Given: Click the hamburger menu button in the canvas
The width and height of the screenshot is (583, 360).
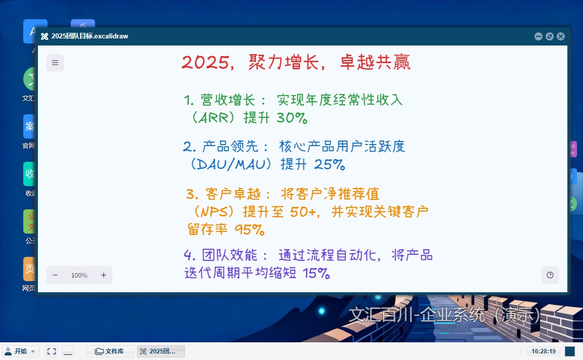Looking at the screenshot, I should click(55, 63).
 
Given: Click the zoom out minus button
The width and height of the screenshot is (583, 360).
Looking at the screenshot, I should click(55, 275).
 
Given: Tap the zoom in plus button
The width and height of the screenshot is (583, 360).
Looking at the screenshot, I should click(104, 275).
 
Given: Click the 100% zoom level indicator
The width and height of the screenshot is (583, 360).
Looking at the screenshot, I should click(79, 276).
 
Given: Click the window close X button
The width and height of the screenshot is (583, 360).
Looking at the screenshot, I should click(561, 36).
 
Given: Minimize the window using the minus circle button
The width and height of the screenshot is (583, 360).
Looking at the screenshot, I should click(539, 36).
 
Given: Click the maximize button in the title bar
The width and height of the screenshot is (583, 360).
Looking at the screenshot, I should click(550, 36).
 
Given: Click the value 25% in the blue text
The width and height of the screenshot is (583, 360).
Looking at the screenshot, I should click(330, 164).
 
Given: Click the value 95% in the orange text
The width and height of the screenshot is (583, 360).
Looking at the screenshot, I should click(250, 230).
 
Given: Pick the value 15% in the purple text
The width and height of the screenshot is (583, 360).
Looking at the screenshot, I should click(317, 274).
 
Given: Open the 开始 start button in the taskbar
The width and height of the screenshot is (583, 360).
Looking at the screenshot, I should click(21, 351).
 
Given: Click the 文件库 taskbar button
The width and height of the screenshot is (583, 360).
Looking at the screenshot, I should click(110, 351).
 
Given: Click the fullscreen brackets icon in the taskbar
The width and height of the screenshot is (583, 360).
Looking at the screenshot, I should click(51, 351).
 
